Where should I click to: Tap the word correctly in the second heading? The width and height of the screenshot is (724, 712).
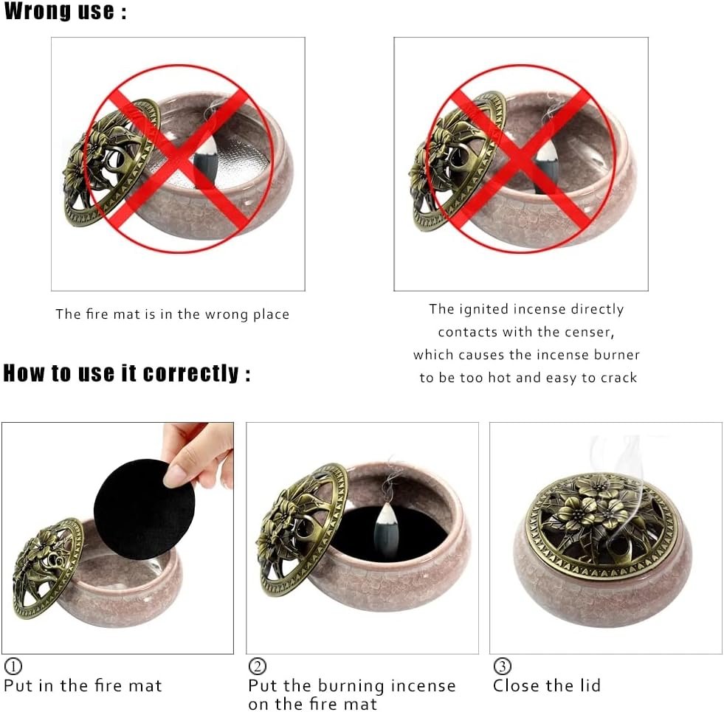pos(190,373)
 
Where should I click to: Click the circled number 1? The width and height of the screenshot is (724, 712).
pos(13,666)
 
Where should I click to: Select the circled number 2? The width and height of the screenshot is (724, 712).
pos(257,666)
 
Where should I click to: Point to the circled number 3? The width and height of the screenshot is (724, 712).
pos(503,666)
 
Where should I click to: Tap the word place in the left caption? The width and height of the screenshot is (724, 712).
pos(271,314)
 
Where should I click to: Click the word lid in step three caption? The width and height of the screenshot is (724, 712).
pos(590,685)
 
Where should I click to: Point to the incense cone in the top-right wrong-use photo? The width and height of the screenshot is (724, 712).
pos(548,166)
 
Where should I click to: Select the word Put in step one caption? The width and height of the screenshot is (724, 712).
pos(18,685)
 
